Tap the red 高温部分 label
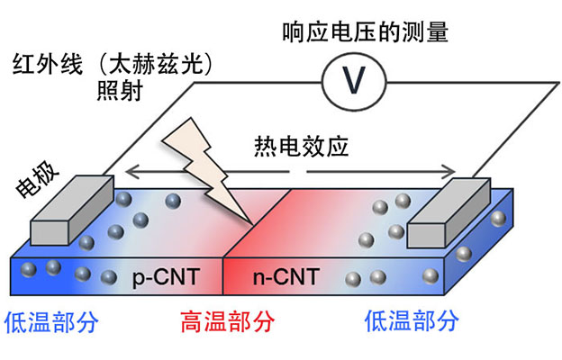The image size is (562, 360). pos(227,321)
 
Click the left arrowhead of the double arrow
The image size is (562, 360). pos(128,169)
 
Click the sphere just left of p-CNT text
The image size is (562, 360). pos(109,277)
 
